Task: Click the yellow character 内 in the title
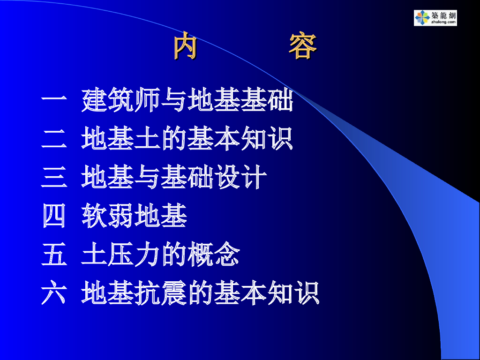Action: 185,45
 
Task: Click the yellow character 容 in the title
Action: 303,45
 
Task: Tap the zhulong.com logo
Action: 435,18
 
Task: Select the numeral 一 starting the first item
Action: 54,98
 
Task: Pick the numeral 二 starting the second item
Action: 54,139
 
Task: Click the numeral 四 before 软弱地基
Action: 54,216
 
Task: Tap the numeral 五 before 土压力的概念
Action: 54,255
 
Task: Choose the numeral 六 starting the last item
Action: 54,293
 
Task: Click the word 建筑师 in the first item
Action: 121,100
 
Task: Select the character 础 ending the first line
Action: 280,100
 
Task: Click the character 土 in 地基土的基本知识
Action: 147,139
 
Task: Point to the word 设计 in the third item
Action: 240,177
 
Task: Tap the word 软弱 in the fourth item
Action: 108,216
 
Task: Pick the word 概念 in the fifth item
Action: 214,255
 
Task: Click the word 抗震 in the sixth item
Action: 161,293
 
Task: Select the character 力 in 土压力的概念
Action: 147,255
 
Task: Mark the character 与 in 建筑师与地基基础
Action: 174,100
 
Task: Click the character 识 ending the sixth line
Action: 307,293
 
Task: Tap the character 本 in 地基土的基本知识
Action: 227,139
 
